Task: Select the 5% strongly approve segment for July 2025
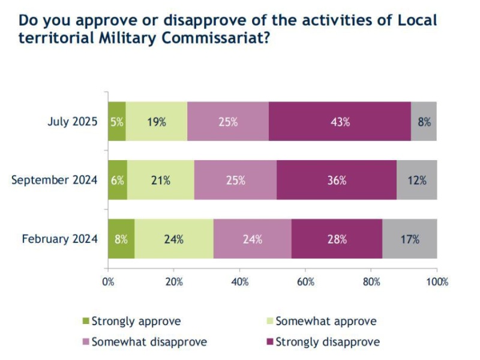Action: pyautogui.click(x=116, y=121)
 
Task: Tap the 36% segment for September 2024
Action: pyautogui.click(x=337, y=180)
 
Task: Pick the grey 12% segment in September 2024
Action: pyautogui.click(x=416, y=180)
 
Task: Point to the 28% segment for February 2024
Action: pyautogui.click(x=337, y=239)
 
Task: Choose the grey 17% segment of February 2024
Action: pyautogui.click(x=409, y=239)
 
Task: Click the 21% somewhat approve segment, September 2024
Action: pyautogui.click(x=161, y=180)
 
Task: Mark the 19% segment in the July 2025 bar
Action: pyautogui.click(x=156, y=121)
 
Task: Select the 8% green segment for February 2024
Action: pyautogui.click(x=121, y=239)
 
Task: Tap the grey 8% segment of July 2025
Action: pyautogui.click(x=424, y=121)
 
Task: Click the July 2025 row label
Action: pyautogui.click(x=72, y=121)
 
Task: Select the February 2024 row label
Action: pyautogui.click(x=59, y=239)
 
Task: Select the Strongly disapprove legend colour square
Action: pyautogui.click(x=269, y=342)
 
